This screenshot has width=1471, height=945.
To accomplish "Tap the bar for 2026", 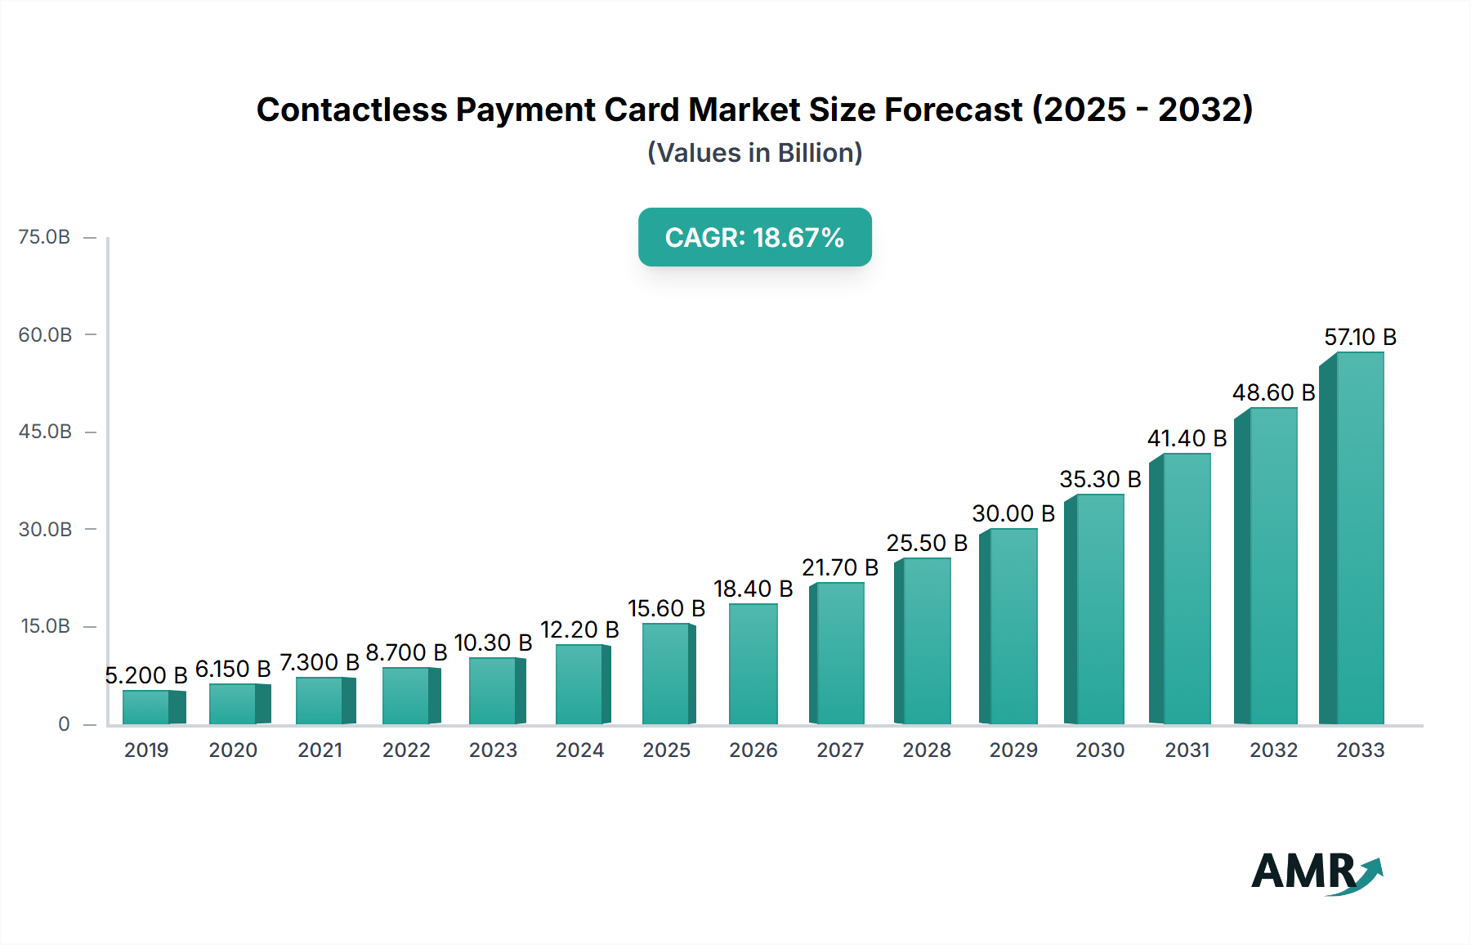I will [753, 664].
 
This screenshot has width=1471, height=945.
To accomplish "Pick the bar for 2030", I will [1099, 609].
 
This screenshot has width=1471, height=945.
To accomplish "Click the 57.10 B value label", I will [1360, 337].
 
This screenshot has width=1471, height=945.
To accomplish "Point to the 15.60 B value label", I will [666, 608].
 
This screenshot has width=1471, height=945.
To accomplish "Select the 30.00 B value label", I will [1013, 513].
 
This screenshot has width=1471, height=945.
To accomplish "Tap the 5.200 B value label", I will [146, 675].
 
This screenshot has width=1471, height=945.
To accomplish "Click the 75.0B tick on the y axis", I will [45, 237].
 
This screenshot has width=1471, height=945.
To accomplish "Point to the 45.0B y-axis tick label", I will [45, 432].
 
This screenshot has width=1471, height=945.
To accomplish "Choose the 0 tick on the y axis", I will [64, 724].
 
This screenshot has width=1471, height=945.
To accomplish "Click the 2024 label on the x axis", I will [579, 750].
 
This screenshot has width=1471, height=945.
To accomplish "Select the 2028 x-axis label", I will [927, 750].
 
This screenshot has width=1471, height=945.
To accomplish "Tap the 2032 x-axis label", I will [1273, 750].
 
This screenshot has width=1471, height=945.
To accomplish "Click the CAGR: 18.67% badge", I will [754, 237].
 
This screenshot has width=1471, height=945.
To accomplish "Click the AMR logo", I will [1316, 872].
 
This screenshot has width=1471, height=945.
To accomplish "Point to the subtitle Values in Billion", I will [754, 153].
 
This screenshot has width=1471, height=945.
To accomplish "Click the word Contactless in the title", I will [352, 110].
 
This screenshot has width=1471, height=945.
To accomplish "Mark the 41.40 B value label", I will [1187, 438].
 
